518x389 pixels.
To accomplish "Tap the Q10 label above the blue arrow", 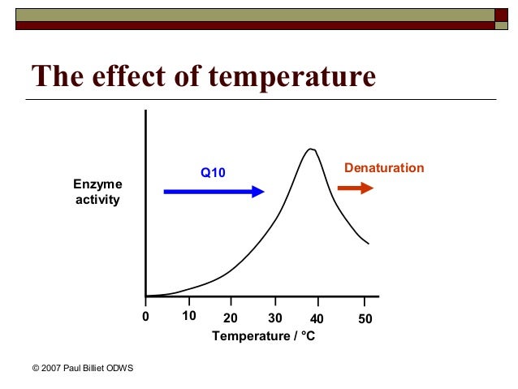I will pyautogui.click(x=213, y=172).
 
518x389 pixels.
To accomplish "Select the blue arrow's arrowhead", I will pyautogui.click(x=258, y=192).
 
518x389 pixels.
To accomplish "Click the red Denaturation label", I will pyautogui.click(x=384, y=168).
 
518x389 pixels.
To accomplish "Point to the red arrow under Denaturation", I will pyautogui.click(x=355, y=188).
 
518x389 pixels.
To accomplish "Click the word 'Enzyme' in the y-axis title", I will pyautogui.click(x=97, y=185).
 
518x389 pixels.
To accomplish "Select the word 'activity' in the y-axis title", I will pyautogui.click(x=97, y=200).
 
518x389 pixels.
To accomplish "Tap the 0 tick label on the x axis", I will pyautogui.click(x=145, y=318).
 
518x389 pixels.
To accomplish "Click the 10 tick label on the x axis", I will pyautogui.click(x=188, y=317).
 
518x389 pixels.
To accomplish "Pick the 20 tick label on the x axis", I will pyautogui.click(x=231, y=318).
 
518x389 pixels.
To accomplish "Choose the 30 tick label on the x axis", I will pyautogui.click(x=274, y=318).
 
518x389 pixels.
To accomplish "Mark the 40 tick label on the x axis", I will pyautogui.click(x=317, y=318).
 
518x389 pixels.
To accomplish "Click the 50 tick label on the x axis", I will pyautogui.click(x=365, y=318).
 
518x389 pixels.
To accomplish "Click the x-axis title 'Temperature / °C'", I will pyautogui.click(x=263, y=335).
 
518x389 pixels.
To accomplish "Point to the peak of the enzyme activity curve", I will pyautogui.click(x=310, y=149).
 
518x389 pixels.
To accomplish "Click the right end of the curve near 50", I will pyautogui.click(x=369, y=244).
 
